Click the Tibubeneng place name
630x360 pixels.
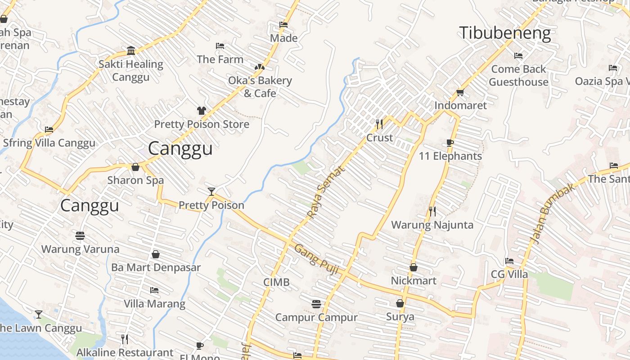point(504,33)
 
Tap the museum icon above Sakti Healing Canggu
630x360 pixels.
point(131,50)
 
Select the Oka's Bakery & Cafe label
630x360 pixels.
point(260,87)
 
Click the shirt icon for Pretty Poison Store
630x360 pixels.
point(201,111)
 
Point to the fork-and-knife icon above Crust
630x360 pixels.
point(379,124)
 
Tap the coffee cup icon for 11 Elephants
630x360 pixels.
point(450,143)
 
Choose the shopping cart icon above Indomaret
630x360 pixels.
point(460,92)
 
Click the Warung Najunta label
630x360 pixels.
point(432,225)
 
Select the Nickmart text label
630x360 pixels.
point(413,281)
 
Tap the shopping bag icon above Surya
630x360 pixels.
point(400,303)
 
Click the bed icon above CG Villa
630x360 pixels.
point(509,261)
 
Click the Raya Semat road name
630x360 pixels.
point(326,193)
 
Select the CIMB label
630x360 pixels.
point(276,283)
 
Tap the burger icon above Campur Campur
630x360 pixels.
point(316,304)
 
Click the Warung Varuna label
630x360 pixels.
point(80,249)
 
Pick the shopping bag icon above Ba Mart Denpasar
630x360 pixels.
point(155,254)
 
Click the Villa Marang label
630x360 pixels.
point(154,304)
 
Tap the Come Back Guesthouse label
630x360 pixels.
point(518,76)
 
